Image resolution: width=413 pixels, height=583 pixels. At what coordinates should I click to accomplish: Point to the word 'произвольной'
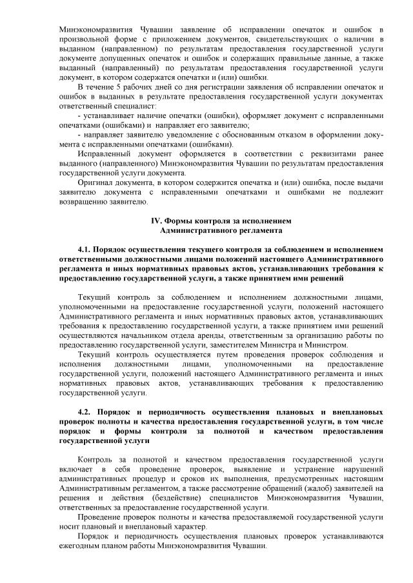[86, 38]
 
